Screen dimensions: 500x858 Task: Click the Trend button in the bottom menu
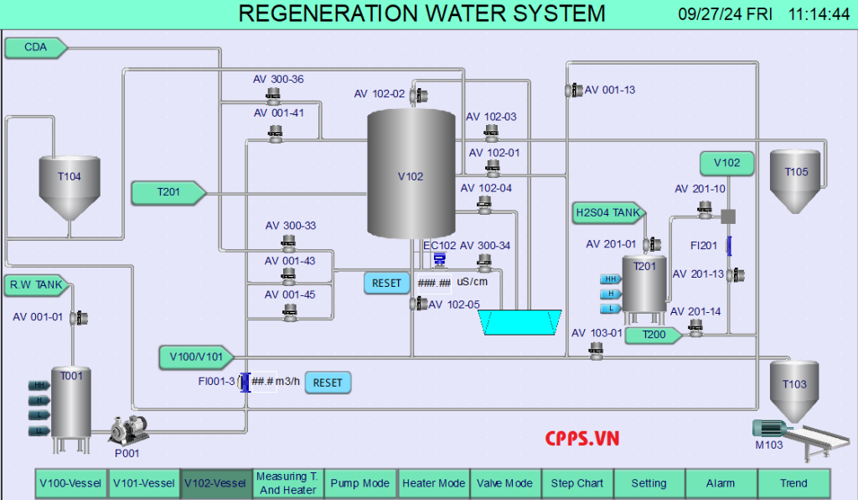pos(793,483)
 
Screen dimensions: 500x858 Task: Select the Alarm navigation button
pos(721,483)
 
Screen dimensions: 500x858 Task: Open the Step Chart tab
pos(577,483)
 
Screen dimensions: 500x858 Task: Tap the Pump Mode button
pos(359,483)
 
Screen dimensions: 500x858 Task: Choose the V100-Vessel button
pos(70,483)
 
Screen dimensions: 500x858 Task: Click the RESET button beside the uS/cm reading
pos(386,284)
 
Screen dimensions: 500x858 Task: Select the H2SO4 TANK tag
pos(608,212)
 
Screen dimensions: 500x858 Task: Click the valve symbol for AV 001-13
pos(575,90)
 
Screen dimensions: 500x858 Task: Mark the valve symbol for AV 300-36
pos(273,93)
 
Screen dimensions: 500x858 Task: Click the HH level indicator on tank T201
pos(611,279)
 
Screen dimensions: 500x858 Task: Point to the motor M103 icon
pos(768,427)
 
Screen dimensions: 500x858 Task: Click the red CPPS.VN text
pos(581,437)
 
